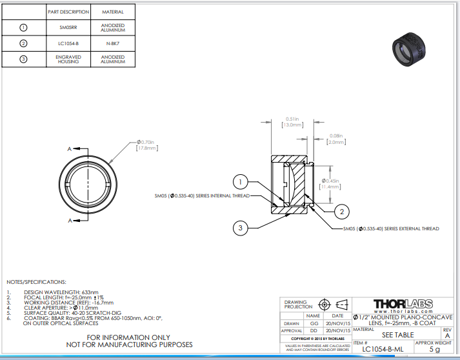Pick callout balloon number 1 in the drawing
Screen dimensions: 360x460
pyautogui.click(x=239, y=181)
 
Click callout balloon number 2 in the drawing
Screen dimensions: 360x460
pyautogui.click(x=343, y=210)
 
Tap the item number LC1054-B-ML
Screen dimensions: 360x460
pyautogui.click(x=383, y=349)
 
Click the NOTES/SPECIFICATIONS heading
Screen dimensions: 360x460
pyautogui.click(x=36, y=282)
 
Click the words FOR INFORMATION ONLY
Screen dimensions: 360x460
pyautogui.click(x=128, y=337)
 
